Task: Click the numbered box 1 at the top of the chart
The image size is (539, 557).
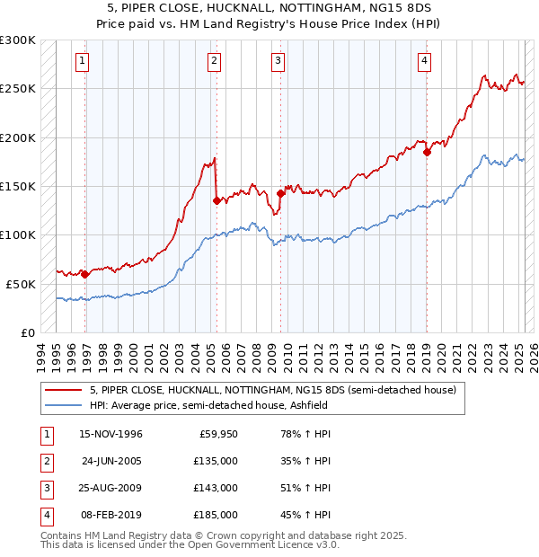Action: (x=82, y=61)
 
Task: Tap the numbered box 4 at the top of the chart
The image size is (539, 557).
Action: (x=423, y=61)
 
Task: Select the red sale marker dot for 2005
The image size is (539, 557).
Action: (x=216, y=200)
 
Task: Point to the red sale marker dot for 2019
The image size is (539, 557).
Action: (x=427, y=152)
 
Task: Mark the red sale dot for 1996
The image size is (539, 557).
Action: (x=84, y=274)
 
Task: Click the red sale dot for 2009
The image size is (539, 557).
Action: (x=280, y=192)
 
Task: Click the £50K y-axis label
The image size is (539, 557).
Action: (x=21, y=284)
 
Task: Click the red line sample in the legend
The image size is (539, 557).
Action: (x=63, y=391)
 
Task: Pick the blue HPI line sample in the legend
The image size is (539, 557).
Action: (x=63, y=405)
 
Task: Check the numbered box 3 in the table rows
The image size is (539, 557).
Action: (x=44, y=488)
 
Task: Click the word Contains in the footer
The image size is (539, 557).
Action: (x=63, y=535)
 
